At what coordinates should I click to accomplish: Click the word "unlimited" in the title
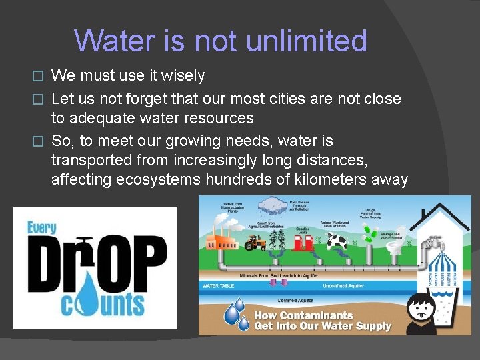coord(306,41)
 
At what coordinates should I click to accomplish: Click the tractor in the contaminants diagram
coord(255,243)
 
